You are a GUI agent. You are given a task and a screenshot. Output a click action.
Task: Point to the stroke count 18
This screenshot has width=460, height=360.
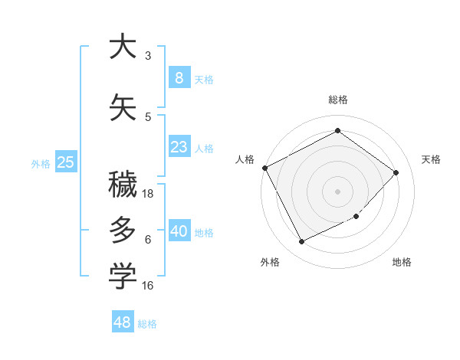(x=148, y=194)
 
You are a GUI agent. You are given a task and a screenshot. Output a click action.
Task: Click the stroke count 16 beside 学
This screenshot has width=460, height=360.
(x=148, y=286)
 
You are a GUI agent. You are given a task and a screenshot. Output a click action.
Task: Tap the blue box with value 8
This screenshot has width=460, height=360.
(x=179, y=77)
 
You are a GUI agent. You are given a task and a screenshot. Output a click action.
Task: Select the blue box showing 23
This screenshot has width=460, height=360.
(x=179, y=147)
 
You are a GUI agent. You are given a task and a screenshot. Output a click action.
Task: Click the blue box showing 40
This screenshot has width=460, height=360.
(x=179, y=231)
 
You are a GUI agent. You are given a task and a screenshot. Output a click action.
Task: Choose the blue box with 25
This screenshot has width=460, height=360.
(x=66, y=162)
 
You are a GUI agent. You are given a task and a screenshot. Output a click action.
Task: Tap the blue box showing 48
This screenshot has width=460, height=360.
(x=123, y=322)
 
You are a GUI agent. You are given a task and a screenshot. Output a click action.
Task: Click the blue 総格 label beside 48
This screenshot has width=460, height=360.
(x=148, y=324)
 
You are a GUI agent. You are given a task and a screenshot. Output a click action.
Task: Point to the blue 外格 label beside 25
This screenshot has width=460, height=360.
(x=41, y=163)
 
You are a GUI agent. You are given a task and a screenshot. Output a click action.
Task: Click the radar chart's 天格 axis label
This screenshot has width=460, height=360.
(x=432, y=159)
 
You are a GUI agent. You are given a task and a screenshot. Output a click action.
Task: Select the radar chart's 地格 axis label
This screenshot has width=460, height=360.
(x=402, y=263)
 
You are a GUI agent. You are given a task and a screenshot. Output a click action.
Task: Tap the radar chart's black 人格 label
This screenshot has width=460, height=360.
(x=245, y=159)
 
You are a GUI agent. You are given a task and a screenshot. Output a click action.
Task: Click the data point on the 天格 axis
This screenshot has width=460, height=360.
(x=396, y=172)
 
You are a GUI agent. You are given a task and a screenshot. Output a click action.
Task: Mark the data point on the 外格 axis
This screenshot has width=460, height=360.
(x=301, y=242)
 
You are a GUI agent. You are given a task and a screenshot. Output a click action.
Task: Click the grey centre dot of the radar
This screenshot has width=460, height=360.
(x=337, y=191)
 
